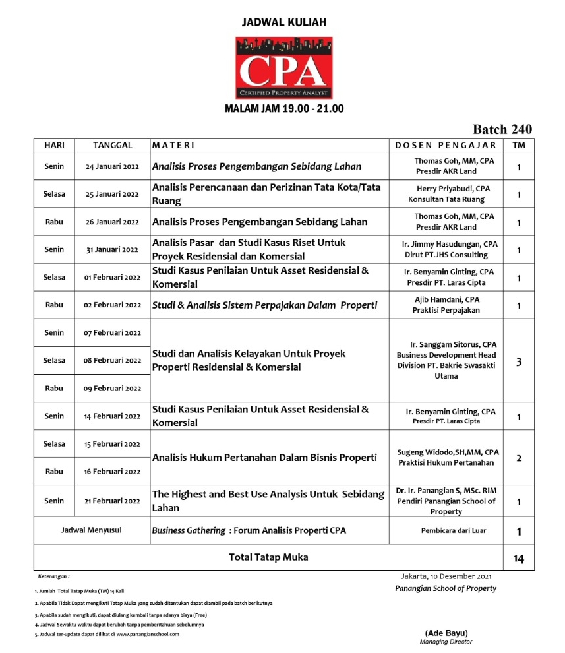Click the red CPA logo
coord(284,67)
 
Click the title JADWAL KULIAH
coord(284,22)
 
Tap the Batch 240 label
coord(502,129)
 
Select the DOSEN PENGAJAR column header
coord(445,145)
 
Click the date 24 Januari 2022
coord(112,167)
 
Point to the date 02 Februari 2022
coord(112,305)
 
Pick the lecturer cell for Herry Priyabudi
coord(446,194)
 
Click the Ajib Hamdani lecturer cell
coord(446,305)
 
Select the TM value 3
coord(519,361)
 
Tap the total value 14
coord(519,559)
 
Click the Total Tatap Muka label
coord(268,557)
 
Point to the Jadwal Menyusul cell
coord(92,530)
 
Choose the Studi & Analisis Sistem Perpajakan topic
coord(264,305)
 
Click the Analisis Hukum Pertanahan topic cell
coord(264,458)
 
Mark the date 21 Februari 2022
coord(112,501)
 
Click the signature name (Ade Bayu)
coord(446,633)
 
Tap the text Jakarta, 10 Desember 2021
coord(446,576)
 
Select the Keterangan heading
coord(54,576)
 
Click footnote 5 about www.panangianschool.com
coord(107,634)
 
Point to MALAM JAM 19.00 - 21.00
coord(284,109)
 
